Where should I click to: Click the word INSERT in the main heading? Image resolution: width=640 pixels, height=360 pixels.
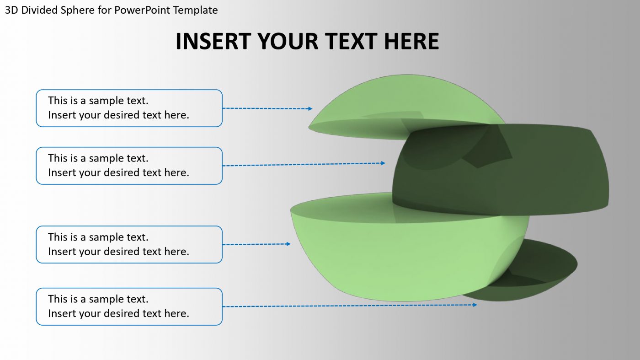pos(213,41)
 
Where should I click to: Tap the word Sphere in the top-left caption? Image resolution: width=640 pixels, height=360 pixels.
pos(78,10)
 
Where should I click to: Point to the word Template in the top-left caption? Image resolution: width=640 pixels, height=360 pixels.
pos(198,10)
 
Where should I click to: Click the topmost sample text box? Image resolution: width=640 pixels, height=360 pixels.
pos(129,108)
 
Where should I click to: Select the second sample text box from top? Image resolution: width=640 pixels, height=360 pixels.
pos(129,166)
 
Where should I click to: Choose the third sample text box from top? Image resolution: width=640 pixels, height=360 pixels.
pos(129,244)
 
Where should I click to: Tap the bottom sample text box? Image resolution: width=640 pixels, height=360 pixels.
pos(129,306)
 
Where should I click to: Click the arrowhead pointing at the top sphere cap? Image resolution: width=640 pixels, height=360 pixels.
pos(310,109)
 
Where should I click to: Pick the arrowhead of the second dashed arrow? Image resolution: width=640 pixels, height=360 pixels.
pos(383,163)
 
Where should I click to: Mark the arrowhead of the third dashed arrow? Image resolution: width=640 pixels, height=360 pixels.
pos(288,244)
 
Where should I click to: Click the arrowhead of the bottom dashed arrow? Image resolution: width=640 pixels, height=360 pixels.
pos(475,304)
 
